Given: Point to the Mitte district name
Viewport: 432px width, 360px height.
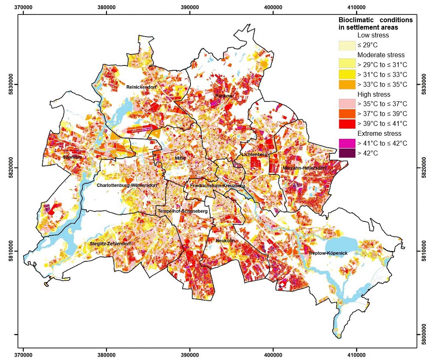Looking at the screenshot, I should point(180,158).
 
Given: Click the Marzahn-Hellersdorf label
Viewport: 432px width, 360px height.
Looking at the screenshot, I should point(304,168).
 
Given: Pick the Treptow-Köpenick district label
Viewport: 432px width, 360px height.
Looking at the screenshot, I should point(328,253).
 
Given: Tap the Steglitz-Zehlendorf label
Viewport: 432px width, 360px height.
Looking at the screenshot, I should point(110,244).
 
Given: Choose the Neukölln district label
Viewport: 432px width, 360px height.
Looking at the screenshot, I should point(225,241).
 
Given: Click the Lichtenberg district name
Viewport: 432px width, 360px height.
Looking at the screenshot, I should point(255,154).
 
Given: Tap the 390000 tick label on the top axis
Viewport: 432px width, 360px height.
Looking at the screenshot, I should point(190,7).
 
